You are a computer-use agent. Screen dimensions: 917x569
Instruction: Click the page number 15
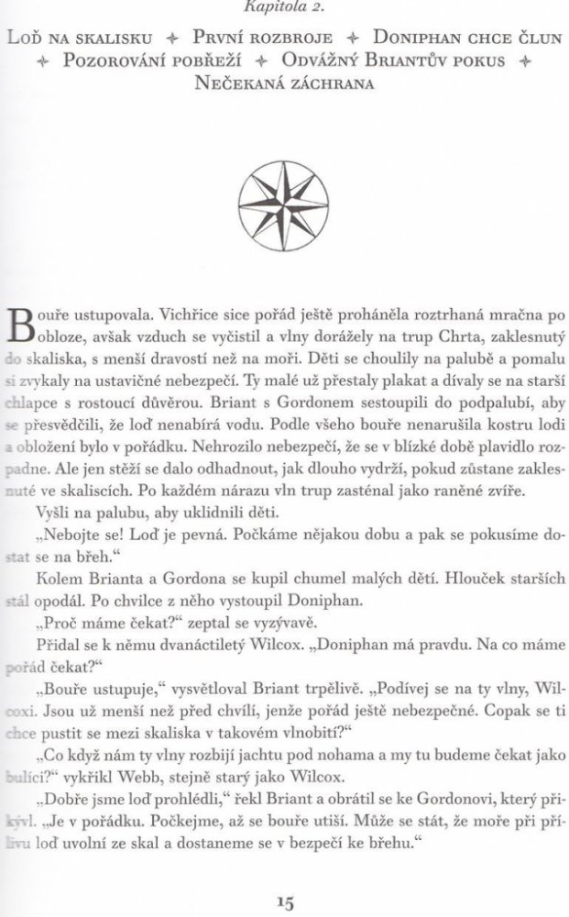point(283,902)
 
